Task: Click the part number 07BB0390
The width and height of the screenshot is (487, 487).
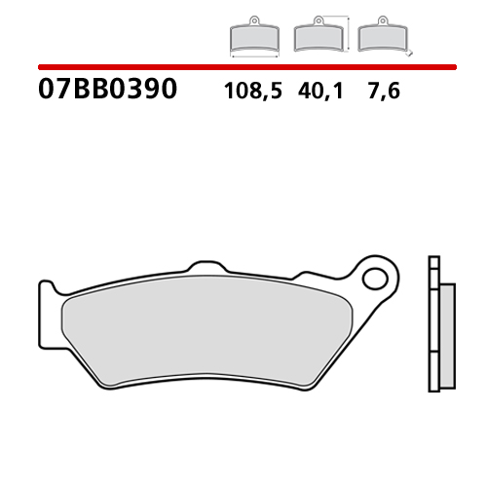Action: (x=107, y=91)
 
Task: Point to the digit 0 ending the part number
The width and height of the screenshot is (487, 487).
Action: (x=168, y=91)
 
